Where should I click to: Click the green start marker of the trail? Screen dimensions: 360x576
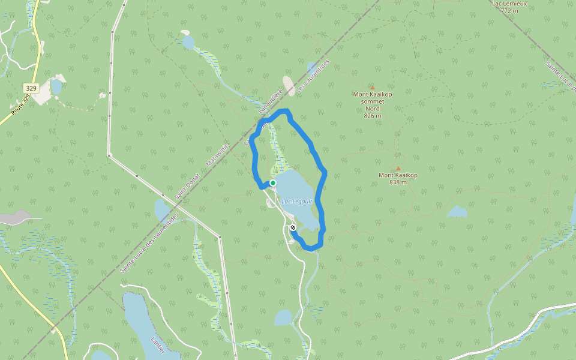[x=272, y=183]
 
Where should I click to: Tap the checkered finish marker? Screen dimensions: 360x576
[x=293, y=227]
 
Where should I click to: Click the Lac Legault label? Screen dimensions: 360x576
[x=297, y=201]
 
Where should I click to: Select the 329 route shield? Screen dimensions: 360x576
[x=31, y=88]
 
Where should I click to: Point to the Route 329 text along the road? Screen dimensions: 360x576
[x=20, y=104]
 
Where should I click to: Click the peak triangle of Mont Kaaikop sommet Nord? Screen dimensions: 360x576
[x=372, y=87]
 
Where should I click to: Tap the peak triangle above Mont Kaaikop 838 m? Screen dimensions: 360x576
[x=398, y=169]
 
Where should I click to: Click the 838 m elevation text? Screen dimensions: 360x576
[x=398, y=182]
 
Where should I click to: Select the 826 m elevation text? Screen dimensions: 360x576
[x=372, y=115]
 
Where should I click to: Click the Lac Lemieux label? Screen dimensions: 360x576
[x=505, y=3]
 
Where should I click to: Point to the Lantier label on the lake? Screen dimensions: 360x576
[x=157, y=346]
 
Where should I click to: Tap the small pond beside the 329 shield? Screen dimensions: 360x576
[x=56, y=87]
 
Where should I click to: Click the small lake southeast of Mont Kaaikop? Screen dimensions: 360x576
[x=457, y=212]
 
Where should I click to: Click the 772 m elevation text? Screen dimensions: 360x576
[x=509, y=10]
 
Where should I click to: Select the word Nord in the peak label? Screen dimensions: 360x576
[x=372, y=108]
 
